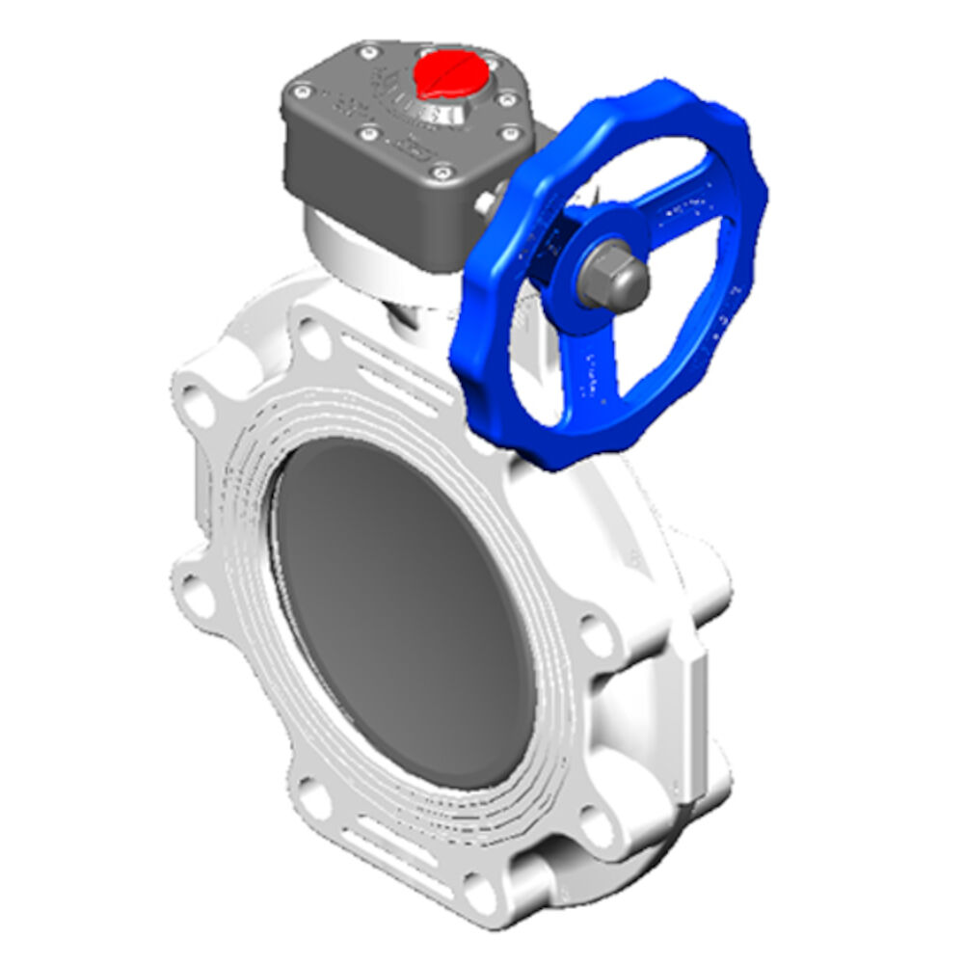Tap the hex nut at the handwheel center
pos(614,276)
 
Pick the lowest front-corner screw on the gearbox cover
pos(442,173)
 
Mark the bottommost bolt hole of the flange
pos(481,877)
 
